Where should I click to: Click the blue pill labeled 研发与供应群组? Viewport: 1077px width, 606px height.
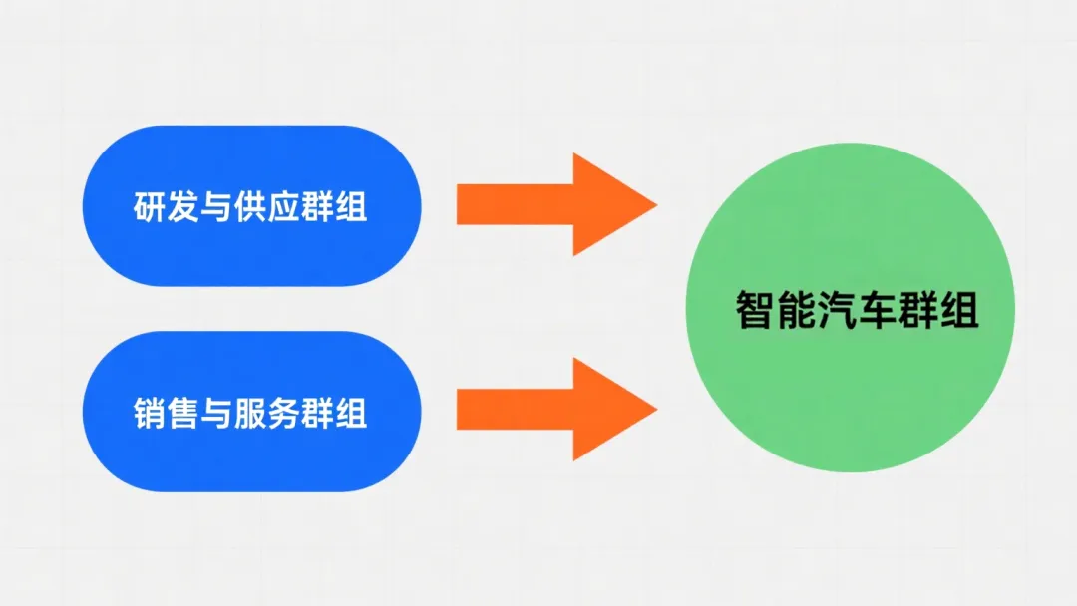coord(251,206)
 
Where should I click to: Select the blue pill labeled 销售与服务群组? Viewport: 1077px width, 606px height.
coord(251,411)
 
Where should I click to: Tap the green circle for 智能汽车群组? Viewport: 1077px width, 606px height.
coord(851,307)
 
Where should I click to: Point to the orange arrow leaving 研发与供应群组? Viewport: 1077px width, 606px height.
coord(557,204)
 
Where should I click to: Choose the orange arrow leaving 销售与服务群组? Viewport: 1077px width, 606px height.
coord(557,409)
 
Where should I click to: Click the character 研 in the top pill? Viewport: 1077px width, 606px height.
coord(149,207)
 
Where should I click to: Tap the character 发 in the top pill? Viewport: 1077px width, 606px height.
coord(182,207)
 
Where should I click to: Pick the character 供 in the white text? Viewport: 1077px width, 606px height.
coord(250,207)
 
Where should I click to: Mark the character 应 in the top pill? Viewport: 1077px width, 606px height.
coord(283,207)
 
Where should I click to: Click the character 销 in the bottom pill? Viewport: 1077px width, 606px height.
coord(149,414)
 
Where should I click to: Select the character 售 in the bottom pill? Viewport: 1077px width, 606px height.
coord(182,414)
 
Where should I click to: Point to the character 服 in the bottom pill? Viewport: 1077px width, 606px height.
coord(250,414)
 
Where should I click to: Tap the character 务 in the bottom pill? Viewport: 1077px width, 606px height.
coord(283,414)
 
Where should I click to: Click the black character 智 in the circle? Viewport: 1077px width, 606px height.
coord(756,310)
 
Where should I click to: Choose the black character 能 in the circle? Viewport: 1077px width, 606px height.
coord(796,310)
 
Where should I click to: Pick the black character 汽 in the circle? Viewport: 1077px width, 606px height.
coord(837,310)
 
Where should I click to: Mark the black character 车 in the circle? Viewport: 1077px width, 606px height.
coord(878,310)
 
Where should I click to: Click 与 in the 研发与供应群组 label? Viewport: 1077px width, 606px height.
coord(216,207)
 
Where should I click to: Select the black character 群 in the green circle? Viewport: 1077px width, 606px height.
coord(917,310)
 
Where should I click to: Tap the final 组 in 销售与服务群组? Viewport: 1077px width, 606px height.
coord(351,414)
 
